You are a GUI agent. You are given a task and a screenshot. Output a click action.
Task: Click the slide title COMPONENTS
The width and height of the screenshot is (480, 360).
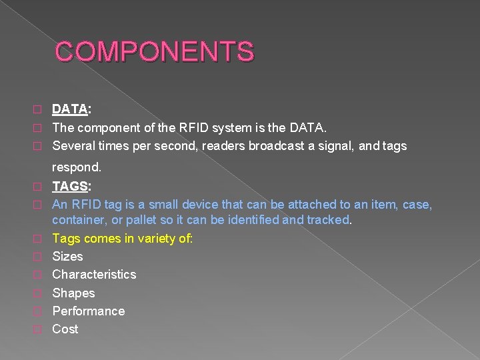(x=154, y=52)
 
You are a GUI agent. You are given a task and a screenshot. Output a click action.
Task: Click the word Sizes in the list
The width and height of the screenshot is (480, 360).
(x=67, y=256)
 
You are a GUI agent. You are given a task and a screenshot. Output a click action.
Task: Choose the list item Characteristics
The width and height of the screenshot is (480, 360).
(x=94, y=274)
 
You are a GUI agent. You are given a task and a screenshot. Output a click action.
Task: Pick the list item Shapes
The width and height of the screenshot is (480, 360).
(x=73, y=293)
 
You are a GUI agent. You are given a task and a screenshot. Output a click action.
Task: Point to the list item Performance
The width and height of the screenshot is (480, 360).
(x=88, y=311)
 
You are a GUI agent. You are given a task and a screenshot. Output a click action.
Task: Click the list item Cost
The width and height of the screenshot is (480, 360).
(x=65, y=329)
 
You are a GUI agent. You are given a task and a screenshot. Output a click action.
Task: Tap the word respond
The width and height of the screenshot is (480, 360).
(x=77, y=167)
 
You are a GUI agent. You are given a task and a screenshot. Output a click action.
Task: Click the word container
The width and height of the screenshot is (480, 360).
(x=77, y=219)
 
